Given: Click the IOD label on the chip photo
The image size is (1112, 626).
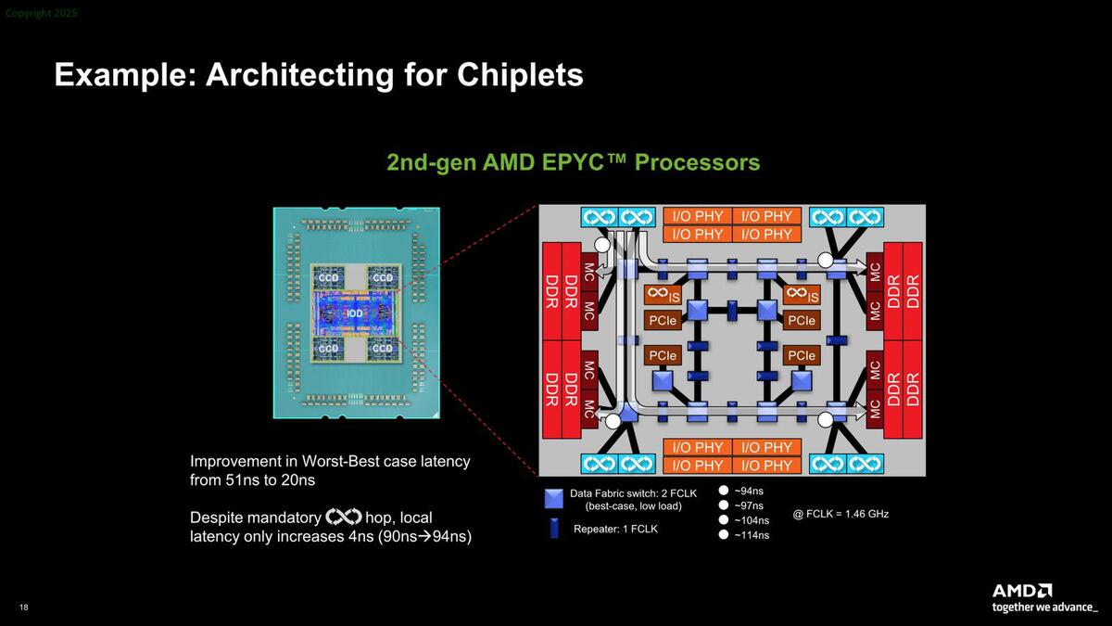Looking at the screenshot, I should (355, 313).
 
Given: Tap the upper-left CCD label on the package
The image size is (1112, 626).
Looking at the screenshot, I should (329, 277).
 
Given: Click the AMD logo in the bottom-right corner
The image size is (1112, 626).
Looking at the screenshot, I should (1022, 591).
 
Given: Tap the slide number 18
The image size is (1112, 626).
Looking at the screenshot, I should (23, 607).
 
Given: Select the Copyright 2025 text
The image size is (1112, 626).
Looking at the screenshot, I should (42, 14).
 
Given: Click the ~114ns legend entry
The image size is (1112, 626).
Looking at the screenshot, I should (752, 535).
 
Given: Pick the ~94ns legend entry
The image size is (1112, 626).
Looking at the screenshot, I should (749, 491).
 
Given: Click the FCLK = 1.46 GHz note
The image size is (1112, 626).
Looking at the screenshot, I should (840, 513).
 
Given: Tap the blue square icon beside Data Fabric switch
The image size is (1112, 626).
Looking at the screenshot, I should (554, 499).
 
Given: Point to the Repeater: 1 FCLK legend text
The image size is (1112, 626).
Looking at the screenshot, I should (614, 529).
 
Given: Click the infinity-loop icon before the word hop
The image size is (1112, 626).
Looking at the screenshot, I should (343, 517).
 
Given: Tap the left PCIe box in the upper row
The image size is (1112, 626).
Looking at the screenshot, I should (663, 320).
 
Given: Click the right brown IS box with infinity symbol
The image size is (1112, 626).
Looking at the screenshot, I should (802, 295).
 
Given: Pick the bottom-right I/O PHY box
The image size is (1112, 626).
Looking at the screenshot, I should (765, 465).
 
